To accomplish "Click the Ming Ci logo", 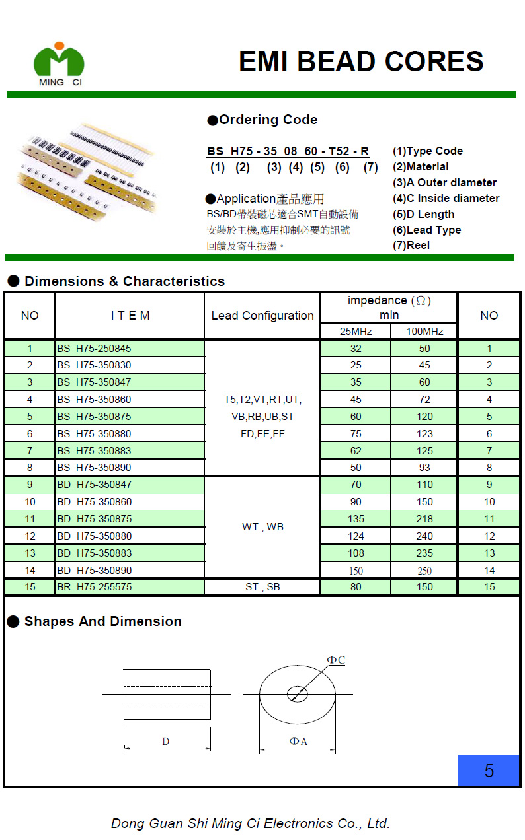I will (60, 63).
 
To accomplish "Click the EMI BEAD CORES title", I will (361, 61).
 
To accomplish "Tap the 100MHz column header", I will (424, 331).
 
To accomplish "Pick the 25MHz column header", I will (356, 331).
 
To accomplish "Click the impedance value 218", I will (424, 519).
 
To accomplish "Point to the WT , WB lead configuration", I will (262, 527).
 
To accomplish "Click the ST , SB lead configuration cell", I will (262, 587).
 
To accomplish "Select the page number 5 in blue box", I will (489, 771).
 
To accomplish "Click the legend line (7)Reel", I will (411, 246).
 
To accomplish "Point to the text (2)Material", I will (421, 167).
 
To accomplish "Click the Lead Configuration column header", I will (262, 316).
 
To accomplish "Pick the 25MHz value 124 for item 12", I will (356, 536).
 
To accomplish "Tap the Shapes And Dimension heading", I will (102, 621).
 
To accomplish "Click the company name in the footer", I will (251, 823).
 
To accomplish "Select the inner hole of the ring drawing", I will (297, 694).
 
